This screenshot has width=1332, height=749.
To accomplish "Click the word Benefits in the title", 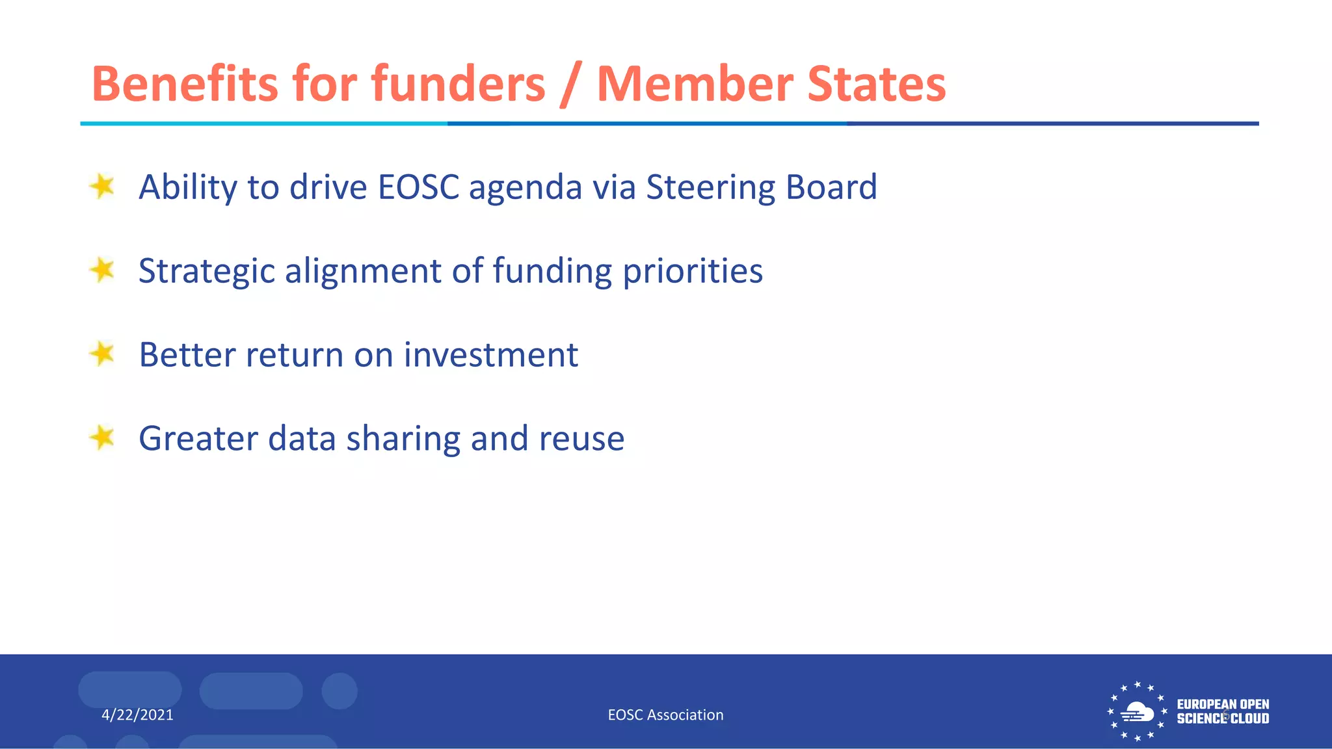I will pyautogui.click(x=185, y=84).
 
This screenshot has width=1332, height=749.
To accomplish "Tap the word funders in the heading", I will pyautogui.click(x=458, y=84).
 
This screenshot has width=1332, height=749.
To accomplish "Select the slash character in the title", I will pyautogui.click(x=570, y=85).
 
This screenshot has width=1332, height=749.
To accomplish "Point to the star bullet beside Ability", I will pyautogui.click(x=102, y=187).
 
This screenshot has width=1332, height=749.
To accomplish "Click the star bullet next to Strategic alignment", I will pyautogui.click(x=102, y=270).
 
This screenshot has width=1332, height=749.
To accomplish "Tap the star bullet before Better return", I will pyautogui.click(x=102, y=354).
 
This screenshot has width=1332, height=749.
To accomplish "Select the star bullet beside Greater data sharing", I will pyautogui.click(x=102, y=438).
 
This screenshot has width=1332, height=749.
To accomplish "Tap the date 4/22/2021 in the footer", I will pyautogui.click(x=137, y=715).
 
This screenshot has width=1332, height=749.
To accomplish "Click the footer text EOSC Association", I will pyautogui.click(x=665, y=715).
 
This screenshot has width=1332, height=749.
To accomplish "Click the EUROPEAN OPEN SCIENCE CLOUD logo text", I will pyautogui.click(x=1222, y=712).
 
